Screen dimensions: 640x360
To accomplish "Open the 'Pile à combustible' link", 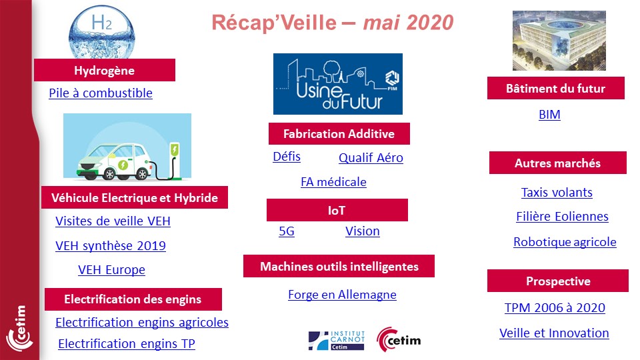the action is tap(101, 93).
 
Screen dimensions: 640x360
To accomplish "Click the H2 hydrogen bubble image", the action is tap(101, 32).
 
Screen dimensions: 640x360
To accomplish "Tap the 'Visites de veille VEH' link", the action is tap(113, 221).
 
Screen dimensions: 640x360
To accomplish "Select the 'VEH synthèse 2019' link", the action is tap(111, 246).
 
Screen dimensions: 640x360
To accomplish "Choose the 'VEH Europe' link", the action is tap(111, 270).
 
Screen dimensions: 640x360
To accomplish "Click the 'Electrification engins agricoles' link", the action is tap(142, 323).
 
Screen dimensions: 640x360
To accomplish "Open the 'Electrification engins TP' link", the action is tap(127, 344).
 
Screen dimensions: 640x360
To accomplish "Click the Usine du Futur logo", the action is tap(338, 84).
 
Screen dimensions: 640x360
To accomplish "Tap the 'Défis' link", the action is tap(287, 157).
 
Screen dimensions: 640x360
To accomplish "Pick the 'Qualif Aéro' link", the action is tap(371, 157).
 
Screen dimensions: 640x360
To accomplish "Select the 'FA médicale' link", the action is tap(333, 181).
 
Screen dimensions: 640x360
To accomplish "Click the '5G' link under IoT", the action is tap(287, 231).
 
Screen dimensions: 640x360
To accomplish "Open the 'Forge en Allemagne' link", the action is tap(342, 295).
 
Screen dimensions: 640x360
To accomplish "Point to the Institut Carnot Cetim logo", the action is tap(336, 341).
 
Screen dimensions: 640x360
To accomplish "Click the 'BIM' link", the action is tap(549, 115).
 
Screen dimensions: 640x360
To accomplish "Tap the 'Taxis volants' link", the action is tap(557, 192).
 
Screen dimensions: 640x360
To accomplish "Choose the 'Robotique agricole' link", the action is tap(565, 242).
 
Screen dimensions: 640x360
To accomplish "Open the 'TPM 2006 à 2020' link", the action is tap(555, 308).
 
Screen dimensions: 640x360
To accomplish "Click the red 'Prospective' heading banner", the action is tap(558, 281).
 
